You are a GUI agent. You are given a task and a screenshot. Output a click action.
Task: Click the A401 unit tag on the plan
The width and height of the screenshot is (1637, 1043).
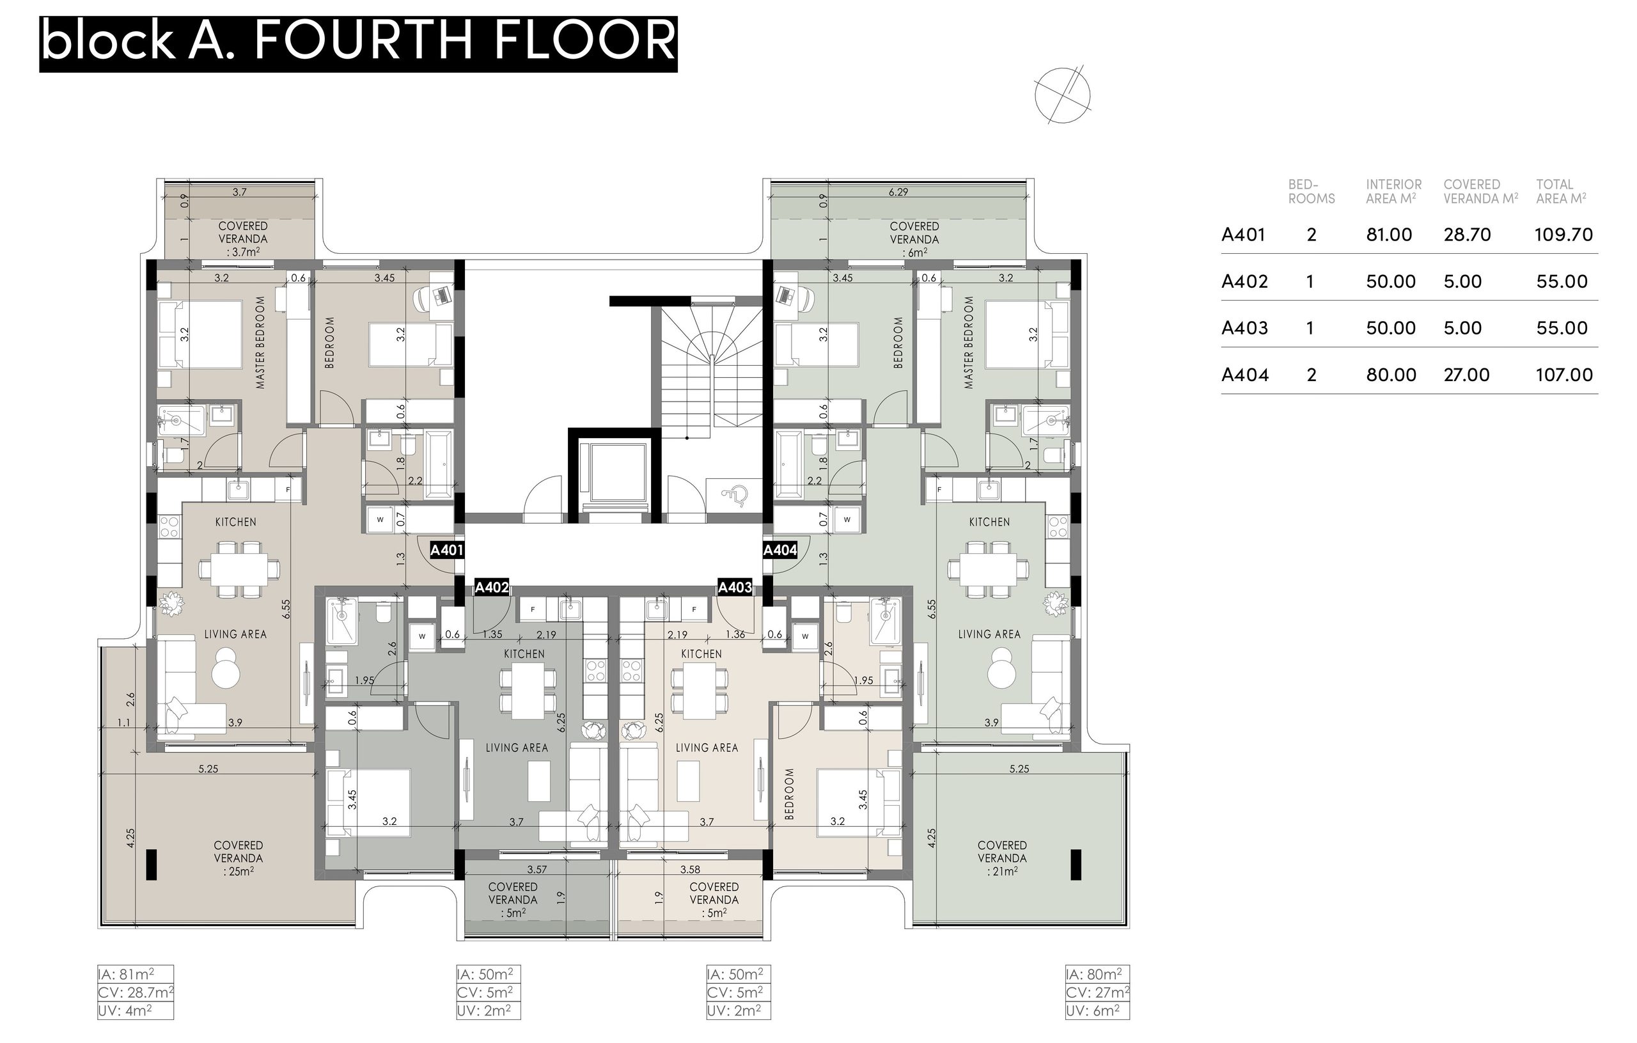(x=446, y=550)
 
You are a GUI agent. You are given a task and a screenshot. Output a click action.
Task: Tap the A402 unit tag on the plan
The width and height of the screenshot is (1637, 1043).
(x=492, y=588)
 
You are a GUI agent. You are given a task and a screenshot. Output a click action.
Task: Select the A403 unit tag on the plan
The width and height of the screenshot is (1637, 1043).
(x=735, y=588)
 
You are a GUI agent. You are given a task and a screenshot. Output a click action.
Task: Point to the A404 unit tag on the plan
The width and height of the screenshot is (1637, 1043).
(x=779, y=550)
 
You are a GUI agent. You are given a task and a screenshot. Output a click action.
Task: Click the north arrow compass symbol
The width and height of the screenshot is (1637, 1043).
(x=1063, y=95)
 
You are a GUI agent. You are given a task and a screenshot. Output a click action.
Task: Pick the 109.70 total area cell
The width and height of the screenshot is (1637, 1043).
(x=1563, y=235)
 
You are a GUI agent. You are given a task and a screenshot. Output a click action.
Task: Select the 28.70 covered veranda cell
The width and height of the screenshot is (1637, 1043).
(x=1467, y=235)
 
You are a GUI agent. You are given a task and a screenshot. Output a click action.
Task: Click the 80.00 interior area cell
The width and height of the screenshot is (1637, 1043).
(x=1391, y=375)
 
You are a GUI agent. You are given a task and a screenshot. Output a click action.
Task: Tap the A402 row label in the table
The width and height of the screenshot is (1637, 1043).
(x=1244, y=281)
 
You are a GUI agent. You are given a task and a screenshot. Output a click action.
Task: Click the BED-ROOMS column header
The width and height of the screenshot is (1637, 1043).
(x=1312, y=192)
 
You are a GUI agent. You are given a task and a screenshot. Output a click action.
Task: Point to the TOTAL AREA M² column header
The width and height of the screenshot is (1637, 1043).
(x=1561, y=192)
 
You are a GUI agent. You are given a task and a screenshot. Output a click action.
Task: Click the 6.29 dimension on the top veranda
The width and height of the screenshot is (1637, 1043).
(x=898, y=192)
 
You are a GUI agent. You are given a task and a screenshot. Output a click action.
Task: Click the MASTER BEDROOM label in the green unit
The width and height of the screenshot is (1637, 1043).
(x=969, y=343)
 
